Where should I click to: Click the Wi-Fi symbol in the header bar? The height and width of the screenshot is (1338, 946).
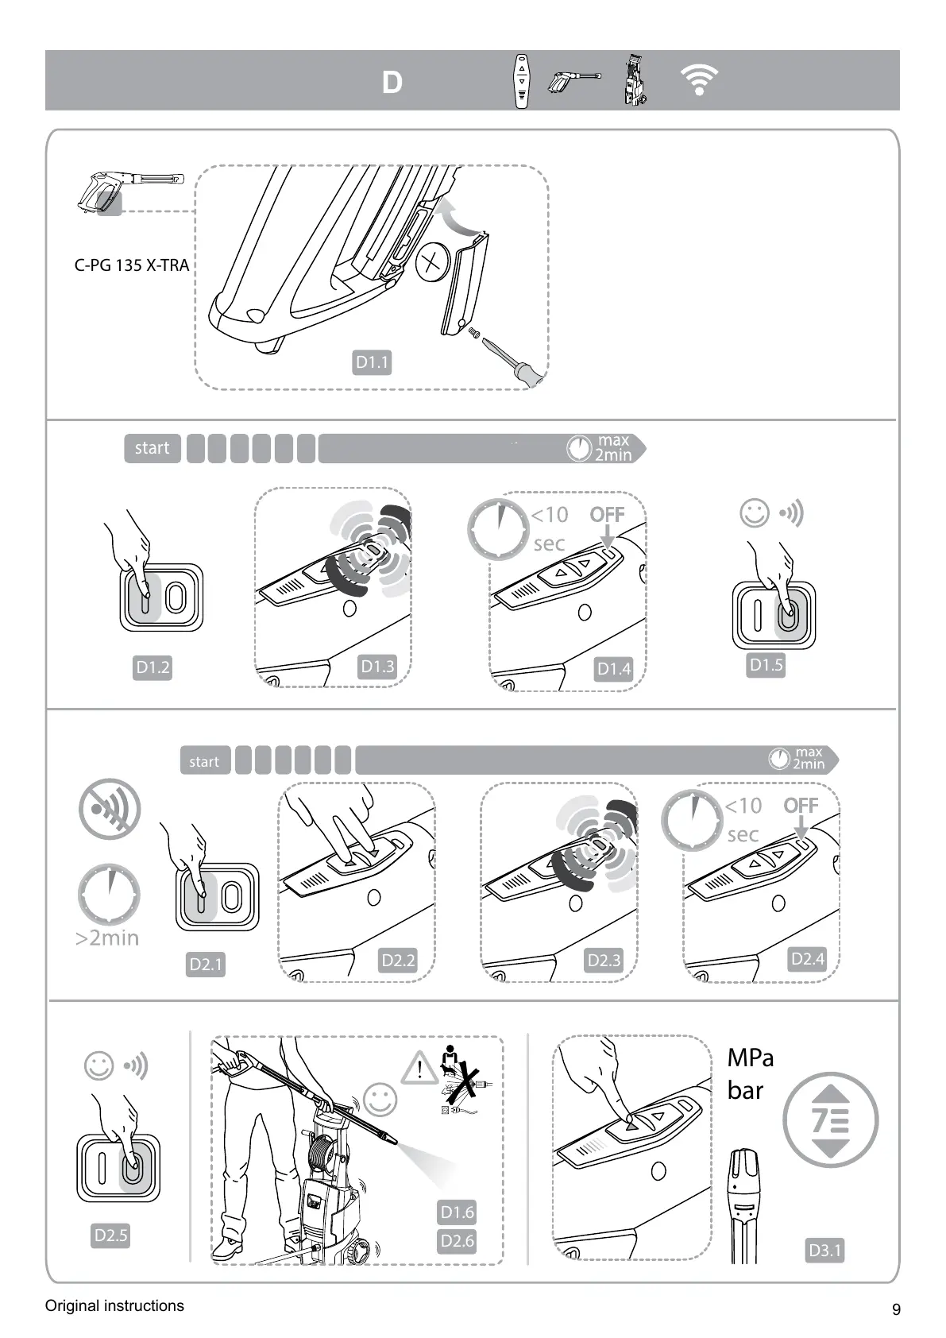point(699,80)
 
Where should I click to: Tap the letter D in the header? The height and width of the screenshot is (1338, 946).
point(392,83)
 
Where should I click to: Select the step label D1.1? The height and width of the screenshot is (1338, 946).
point(372,362)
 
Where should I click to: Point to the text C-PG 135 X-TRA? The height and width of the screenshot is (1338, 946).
point(132,265)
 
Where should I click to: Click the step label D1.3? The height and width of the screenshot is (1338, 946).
point(377,667)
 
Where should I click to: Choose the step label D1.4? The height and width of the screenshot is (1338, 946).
point(614,669)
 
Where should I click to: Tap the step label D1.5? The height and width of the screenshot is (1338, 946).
point(766,665)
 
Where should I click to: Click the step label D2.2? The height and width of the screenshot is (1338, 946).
point(398,960)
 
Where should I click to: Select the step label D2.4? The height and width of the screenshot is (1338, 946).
point(808,959)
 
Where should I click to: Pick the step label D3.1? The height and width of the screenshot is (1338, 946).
point(824,1251)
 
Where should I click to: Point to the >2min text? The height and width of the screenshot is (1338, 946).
point(107,938)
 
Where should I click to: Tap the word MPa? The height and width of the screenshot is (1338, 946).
point(750,1058)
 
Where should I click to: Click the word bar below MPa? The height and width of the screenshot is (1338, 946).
point(745,1091)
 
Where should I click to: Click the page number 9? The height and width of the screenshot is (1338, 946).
point(897,1309)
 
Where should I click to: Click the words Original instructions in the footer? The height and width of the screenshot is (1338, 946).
point(114,1305)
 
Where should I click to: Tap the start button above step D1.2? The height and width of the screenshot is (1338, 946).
point(152,448)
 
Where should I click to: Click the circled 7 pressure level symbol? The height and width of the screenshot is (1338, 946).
point(831,1120)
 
